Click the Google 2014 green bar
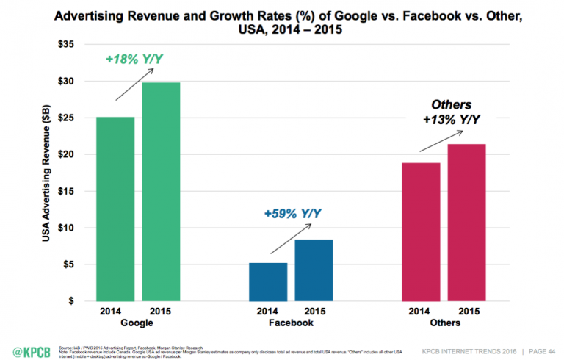coord(115,209)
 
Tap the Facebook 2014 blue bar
coord(268,281)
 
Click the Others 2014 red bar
coord(421,231)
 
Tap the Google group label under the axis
coord(137,323)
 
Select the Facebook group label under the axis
coord(290,323)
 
